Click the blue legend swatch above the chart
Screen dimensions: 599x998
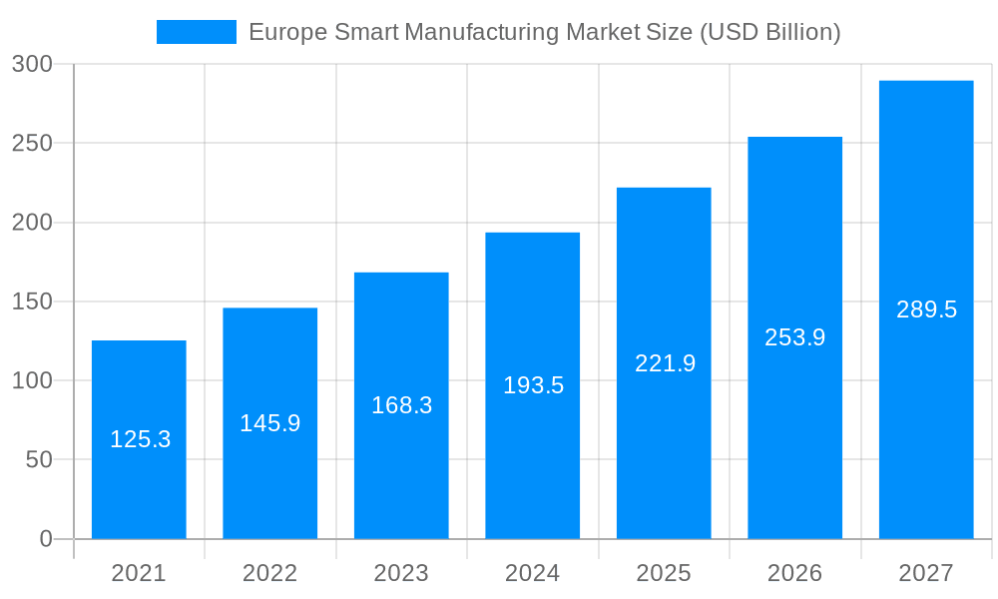click(196, 32)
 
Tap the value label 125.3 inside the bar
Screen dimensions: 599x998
click(140, 439)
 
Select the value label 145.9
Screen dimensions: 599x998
click(269, 423)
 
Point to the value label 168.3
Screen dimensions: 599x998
click(401, 405)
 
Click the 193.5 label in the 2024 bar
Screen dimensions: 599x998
click(533, 385)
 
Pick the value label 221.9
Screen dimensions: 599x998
click(665, 363)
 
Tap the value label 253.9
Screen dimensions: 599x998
click(794, 337)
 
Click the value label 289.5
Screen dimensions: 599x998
click(926, 309)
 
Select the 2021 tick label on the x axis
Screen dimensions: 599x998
click(139, 573)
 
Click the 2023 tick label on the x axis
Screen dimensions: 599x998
click(401, 573)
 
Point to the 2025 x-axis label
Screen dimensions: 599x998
click(664, 573)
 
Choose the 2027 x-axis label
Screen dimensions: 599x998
click(926, 573)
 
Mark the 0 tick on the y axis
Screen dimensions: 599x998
click(46, 539)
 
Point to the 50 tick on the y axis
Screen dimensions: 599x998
click(39, 460)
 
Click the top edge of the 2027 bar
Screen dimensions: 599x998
click(926, 81)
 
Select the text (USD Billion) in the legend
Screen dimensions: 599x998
click(769, 32)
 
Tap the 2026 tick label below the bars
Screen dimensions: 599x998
click(794, 573)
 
